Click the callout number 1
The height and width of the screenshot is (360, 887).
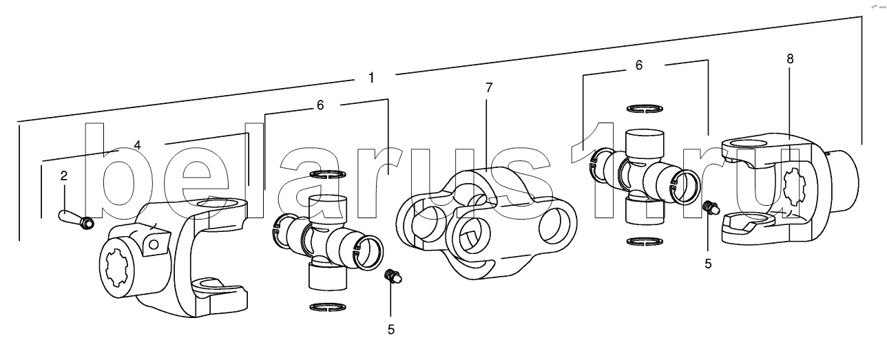click(371, 78)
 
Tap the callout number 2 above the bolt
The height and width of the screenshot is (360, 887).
click(64, 176)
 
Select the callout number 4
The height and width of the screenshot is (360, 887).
click(137, 145)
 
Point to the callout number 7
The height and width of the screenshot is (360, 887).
click(489, 88)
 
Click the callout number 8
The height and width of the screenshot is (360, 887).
click(790, 59)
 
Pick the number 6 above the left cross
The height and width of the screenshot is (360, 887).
click(320, 105)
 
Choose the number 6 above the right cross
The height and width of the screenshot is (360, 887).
click(638, 65)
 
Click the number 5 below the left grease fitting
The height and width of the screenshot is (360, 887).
click(391, 330)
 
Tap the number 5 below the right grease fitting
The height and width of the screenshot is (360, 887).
click(708, 264)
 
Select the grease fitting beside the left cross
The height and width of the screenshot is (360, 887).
click(394, 276)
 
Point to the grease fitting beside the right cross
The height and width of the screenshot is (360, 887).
click(711, 208)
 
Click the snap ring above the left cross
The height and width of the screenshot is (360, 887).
click(328, 174)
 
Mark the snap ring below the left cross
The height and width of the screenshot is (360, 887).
click(328, 306)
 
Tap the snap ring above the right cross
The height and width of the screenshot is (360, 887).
click(645, 108)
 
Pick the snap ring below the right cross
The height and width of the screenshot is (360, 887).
click(645, 242)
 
